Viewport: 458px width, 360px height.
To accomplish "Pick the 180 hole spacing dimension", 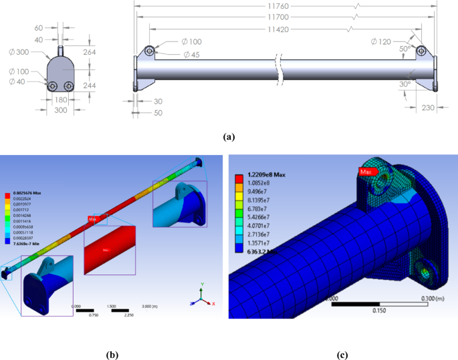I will [x=60, y=100].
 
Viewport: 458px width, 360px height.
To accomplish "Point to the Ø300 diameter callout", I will [x=18, y=51].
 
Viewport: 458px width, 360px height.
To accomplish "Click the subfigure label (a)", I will [x=229, y=137].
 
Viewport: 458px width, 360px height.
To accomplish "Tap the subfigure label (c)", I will [x=342, y=355].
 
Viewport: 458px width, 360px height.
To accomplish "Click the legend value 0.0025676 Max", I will [x=32, y=192].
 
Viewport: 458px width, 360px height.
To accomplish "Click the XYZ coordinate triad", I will [x=202, y=293].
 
